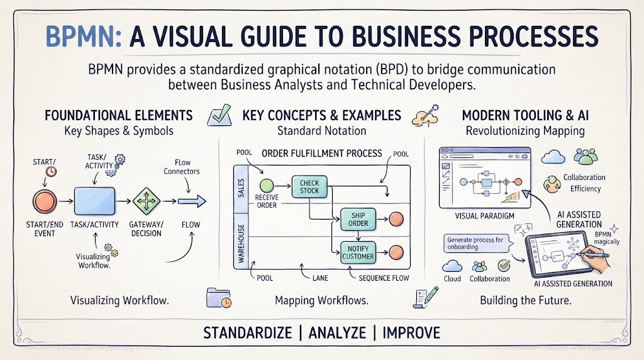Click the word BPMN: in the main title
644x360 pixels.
84,36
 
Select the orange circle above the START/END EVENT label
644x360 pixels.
45,201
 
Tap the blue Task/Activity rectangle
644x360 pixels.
94,201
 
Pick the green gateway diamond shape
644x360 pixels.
146,201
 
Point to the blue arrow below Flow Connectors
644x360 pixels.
192,201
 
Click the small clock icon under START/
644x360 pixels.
51,171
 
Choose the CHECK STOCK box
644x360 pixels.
309,186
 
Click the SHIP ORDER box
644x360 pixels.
358,219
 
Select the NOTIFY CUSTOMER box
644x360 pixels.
358,252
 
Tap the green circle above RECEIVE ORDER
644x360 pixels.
267,186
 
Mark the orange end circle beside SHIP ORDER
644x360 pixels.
396,219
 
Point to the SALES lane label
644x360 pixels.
241,188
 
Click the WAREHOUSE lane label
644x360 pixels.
241,244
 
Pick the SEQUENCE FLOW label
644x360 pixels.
384,278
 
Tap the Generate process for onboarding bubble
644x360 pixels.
477,244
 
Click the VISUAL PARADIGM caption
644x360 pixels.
484,216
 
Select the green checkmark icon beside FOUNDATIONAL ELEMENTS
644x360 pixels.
219,115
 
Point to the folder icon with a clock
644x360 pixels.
218,298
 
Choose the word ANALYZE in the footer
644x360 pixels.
337,332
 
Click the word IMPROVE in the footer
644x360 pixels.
411,332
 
